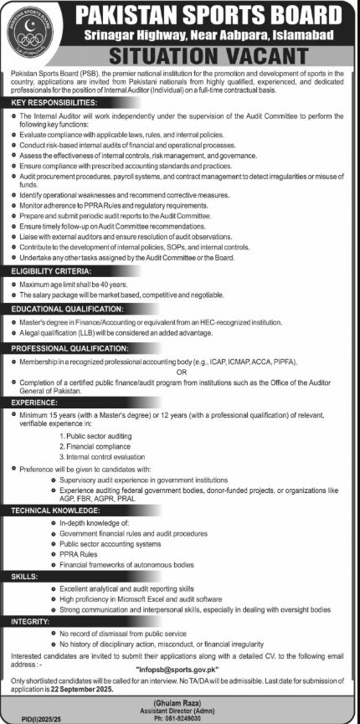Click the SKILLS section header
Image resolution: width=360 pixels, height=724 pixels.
click(23, 578)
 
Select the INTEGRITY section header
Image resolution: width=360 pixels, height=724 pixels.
click(30, 622)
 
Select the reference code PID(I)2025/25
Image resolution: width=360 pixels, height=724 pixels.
click(28, 717)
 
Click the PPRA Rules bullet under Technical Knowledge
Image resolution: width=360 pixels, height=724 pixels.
click(78, 554)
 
